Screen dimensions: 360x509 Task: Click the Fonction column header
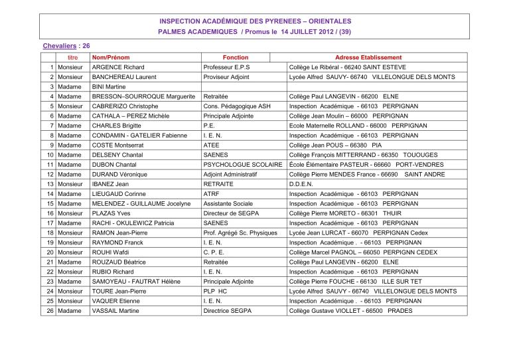click(235, 58)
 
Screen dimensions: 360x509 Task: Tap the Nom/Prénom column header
click(111, 58)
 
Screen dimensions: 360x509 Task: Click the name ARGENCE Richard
click(119, 68)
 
